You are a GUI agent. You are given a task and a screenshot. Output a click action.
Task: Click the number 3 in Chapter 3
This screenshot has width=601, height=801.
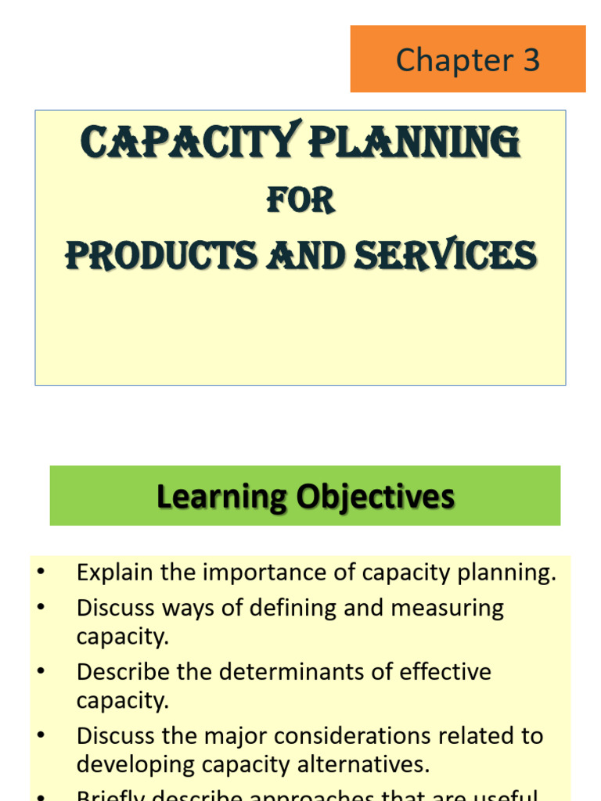tap(531, 60)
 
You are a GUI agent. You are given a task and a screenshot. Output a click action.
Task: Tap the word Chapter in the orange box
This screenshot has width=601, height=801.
tap(454, 60)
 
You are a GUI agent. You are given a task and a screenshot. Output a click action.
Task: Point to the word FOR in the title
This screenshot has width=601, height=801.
tap(300, 201)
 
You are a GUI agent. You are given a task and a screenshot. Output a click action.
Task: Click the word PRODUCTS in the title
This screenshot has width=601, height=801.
tap(160, 256)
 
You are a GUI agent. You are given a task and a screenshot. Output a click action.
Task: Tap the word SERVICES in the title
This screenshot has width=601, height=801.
tap(451, 256)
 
